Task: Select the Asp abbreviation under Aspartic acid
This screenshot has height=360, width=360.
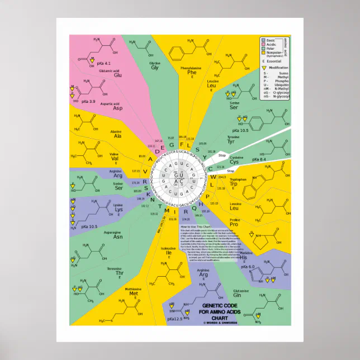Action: pos(117,108)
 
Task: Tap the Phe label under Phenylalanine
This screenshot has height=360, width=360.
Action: pos(192,73)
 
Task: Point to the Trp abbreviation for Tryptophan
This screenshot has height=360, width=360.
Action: pos(234,183)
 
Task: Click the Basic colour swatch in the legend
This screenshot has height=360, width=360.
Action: pos(263,41)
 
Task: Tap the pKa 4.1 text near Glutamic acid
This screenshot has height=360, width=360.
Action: pos(104,63)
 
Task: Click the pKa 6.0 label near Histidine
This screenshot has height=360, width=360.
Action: pos(247,267)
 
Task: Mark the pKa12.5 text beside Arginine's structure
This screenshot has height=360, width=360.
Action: pos(175,319)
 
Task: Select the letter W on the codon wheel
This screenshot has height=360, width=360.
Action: pos(212,177)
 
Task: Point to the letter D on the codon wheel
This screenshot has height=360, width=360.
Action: pos(158,151)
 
